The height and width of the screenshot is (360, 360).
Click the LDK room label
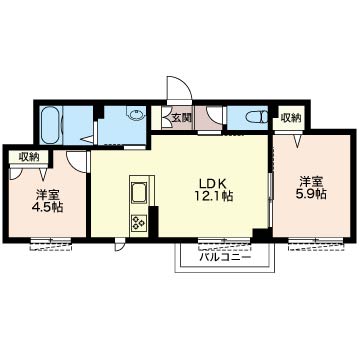(x=213, y=183)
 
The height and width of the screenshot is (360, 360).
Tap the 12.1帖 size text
(x=213, y=196)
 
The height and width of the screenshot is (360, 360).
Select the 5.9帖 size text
(x=311, y=194)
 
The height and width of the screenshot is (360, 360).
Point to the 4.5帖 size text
(x=47, y=207)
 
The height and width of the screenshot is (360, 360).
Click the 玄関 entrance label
(x=182, y=117)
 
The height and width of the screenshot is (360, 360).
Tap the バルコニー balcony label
(x=225, y=257)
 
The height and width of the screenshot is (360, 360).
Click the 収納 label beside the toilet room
(x=291, y=117)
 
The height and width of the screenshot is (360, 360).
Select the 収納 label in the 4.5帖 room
(x=29, y=156)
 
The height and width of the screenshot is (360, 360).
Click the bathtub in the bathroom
(x=50, y=125)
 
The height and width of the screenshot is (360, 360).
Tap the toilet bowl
(x=255, y=117)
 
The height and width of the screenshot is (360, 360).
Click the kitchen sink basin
(x=139, y=193)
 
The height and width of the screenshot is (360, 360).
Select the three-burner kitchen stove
(x=139, y=223)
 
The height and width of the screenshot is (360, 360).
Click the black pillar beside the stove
(x=153, y=222)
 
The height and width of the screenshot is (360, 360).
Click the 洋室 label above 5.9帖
(x=311, y=182)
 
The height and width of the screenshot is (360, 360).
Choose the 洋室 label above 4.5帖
(x=47, y=195)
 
